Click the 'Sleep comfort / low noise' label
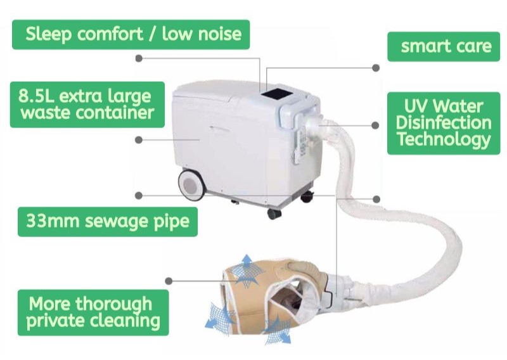pyautogui.click(x=133, y=34)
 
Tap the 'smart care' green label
pyautogui.click(x=446, y=46)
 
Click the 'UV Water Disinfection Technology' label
pyautogui.click(x=444, y=122)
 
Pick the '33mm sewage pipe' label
pyautogui.click(x=108, y=222)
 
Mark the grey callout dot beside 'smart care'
pyautogui.click(x=376, y=67)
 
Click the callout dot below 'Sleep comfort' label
pyautogui.click(x=139, y=58)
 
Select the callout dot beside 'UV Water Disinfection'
pyautogui.click(x=376, y=125)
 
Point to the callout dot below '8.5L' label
pyautogui.click(x=139, y=139)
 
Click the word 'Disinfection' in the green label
pyautogui.click(x=444, y=122)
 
